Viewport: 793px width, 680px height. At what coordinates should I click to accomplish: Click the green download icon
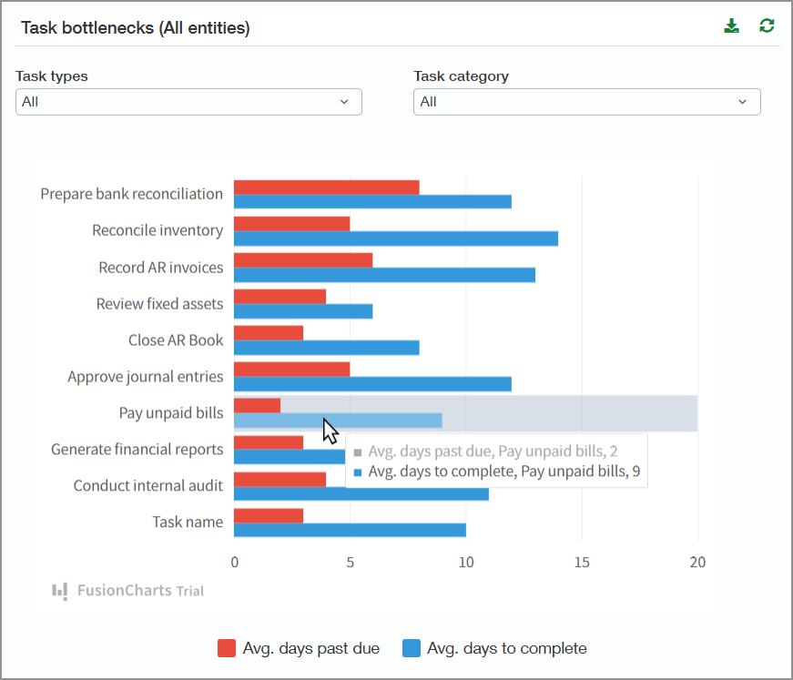click(x=731, y=26)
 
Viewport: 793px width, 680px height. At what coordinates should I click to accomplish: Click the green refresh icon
click(x=768, y=26)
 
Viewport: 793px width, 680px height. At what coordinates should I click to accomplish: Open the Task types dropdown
click(x=188, y=102)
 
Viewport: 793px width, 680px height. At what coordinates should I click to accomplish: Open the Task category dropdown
click(x=586, y=102)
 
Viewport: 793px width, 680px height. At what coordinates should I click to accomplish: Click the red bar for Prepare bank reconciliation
click(x=326, y=188)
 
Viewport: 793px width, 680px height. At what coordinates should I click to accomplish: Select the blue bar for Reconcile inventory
click(x=395, y=239)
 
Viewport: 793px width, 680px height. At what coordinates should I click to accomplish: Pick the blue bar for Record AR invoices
click(x=384, y=275)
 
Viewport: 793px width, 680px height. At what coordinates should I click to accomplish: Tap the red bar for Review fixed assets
click(x=280, y=297)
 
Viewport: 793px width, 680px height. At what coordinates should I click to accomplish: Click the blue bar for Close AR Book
click(x=326, y=348)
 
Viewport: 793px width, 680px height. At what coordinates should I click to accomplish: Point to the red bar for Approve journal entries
click(x=291, y=370)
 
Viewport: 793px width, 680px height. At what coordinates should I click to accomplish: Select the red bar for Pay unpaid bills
click(x=257, y=406)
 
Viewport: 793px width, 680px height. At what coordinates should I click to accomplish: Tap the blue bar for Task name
click(x=350, y=530)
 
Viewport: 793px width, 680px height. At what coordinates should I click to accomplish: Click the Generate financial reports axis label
click(x=137, y=449)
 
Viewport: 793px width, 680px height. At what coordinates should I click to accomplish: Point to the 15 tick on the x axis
click(x=582, y=563)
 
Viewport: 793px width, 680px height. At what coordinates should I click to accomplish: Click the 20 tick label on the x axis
click(x=697, y=563)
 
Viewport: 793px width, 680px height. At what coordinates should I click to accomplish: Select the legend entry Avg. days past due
click(x=299, y=648)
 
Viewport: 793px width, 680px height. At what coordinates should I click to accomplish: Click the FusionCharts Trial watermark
click(x=127, y=591)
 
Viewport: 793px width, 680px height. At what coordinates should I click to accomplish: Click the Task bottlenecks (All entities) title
click(x=135, y=27)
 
